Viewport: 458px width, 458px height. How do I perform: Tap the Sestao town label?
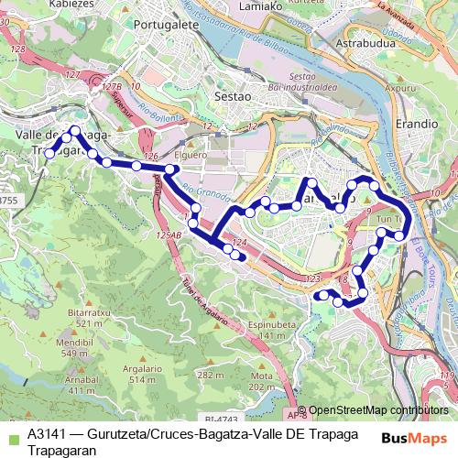pos(218,93)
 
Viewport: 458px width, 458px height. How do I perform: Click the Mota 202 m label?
pos(262,380)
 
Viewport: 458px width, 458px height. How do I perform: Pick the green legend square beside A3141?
pos(13,435)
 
